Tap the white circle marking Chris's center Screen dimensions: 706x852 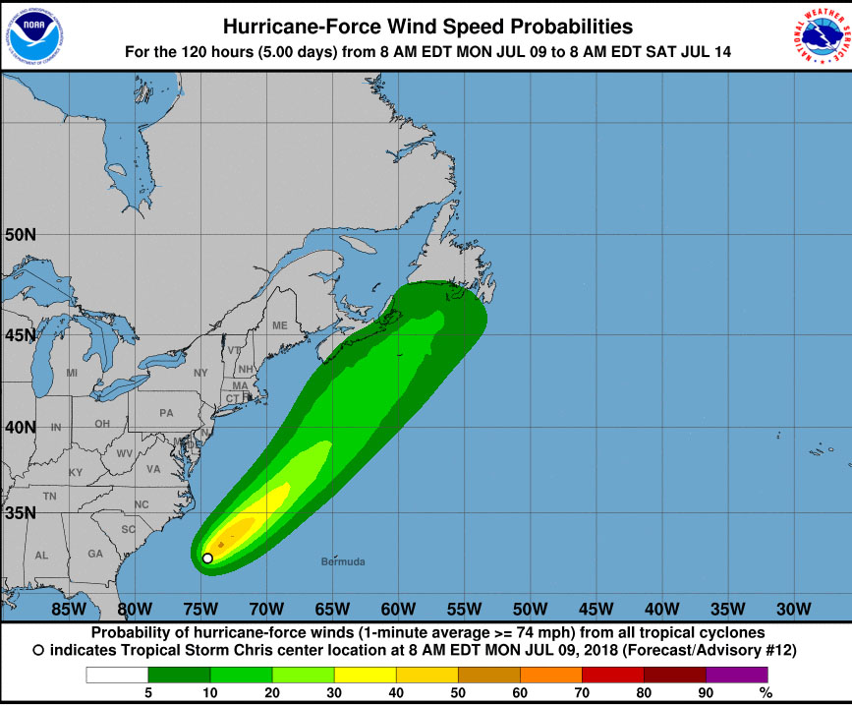point(207,559)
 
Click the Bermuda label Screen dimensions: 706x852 point(343,561)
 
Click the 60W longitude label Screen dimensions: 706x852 point(397,607)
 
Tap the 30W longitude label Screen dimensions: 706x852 point(793,607)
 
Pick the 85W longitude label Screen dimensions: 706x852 point(68,607)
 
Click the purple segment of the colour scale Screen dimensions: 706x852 point(737,675)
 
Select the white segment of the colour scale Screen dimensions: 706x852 point(117,675)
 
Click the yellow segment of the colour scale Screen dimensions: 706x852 point(365,675)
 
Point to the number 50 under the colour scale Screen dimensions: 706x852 point(458,693)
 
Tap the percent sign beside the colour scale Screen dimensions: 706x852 point(766,693)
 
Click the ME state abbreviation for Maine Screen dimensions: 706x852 point(280,325)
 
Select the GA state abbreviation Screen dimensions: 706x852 point(95,554)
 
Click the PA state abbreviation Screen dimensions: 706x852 point(166,412)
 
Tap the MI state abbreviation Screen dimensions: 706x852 point(72,373)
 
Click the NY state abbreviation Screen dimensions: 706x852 point(200,373)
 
